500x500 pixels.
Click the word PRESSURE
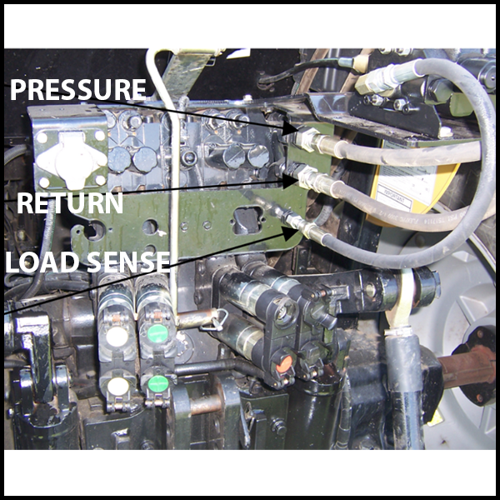[78, 90]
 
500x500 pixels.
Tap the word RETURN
[70, 203]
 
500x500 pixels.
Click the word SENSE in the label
[128, 262]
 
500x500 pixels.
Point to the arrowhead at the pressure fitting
[291, 128]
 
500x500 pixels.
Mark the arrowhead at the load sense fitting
[291, 233]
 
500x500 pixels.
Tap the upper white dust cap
[117, 337]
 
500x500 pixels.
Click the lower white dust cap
[118, 386]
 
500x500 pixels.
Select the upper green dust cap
[157, 333]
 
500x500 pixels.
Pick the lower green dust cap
[158, 383]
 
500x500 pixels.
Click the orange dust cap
[284, 364]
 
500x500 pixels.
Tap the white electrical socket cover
[72, 159]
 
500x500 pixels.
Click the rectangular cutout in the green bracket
[247, 220]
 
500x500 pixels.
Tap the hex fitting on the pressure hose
[307, 138]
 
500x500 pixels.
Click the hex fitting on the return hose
[307, 177]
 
